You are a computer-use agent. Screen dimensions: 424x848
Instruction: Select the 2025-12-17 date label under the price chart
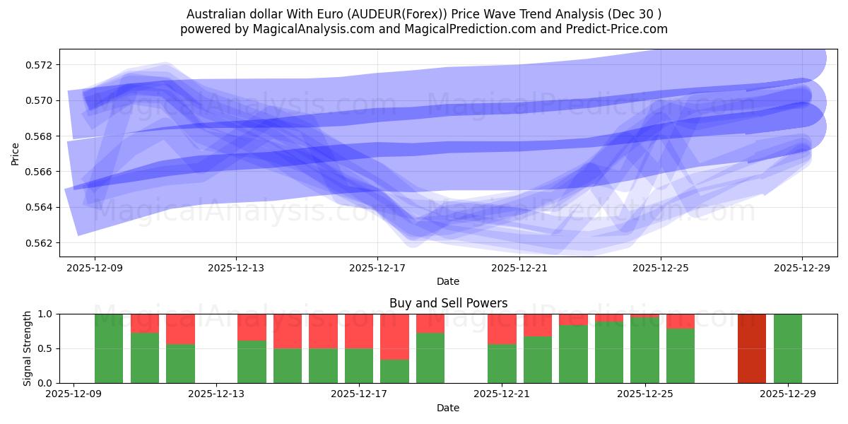[377, 268]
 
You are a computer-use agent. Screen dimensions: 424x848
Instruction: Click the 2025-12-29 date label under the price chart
[802, 268]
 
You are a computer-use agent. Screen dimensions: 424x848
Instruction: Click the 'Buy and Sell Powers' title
[448, 303]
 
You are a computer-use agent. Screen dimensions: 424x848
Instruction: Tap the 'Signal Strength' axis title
[27, 348]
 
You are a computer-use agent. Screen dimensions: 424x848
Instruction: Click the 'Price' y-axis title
[16, 153]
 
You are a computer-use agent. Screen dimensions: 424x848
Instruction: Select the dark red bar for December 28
[751, 348]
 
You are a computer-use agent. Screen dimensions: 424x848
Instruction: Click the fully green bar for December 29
[787, 348]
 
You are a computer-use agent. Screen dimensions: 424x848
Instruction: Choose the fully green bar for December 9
[109, 348]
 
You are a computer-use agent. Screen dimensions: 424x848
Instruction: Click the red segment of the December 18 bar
[394, 336]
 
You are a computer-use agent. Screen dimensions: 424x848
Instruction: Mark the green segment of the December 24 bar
[609, 353]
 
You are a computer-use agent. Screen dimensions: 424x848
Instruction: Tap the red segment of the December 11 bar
[180, 329]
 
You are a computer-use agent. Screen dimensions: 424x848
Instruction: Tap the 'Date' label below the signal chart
[448, 408]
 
